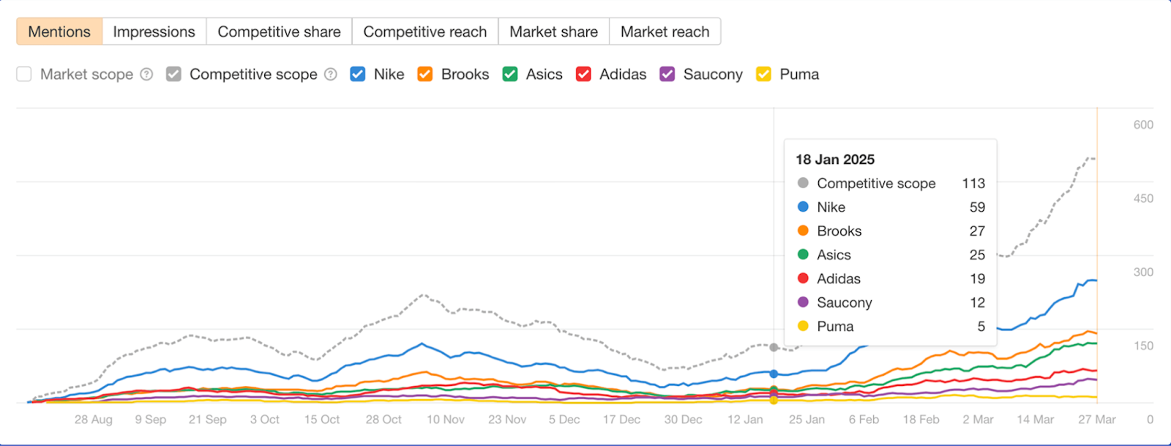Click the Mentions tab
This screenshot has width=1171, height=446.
pyautogui.click(x=59, y=31)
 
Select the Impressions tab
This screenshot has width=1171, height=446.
pyautogui.click(x=154, y=31)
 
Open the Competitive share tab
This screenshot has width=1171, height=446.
pyautogui.click(x=279, y=31)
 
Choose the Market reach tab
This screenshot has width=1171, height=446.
pyautogui.click(x=665, y=31)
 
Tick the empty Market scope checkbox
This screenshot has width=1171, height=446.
pyautogui.click(x=24, y=74)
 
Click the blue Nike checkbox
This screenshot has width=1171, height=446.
pyautogui.click(x=358, y=74)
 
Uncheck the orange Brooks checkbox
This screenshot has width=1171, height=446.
pyautogui.click(x=425, y=74)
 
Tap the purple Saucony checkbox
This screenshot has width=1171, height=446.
pyautogui.click(x=667, y=74)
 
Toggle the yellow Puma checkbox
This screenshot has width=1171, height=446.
pyautogui.click(x=764, y=74)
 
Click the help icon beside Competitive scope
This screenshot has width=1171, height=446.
pyautogui.click(x=331, y=74)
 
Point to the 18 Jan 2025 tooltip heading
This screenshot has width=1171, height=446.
pyautogui.click(x=835, y=160)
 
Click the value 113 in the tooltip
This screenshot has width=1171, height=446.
pyautogui.click(x=973, y=183)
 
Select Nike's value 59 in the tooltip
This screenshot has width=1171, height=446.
pyautogui.click(x=977, y=207)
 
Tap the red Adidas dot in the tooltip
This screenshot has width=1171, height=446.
pyautogui.click(x=803, y=278)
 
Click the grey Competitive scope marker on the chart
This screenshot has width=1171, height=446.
pyautogui.click(x=774, y=347)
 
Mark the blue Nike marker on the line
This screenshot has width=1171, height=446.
pyautogui.click(x=774, y=373)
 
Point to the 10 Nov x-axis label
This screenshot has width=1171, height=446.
pyautogui.click(x=446, y=420)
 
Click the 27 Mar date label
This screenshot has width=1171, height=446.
pyautogui.click(x=1096, y=420)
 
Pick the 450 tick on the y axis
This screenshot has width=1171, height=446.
pyautogui.click(x=1143, y=198)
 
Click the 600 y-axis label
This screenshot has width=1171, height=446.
pyautogui.click(x=1143, y=125)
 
